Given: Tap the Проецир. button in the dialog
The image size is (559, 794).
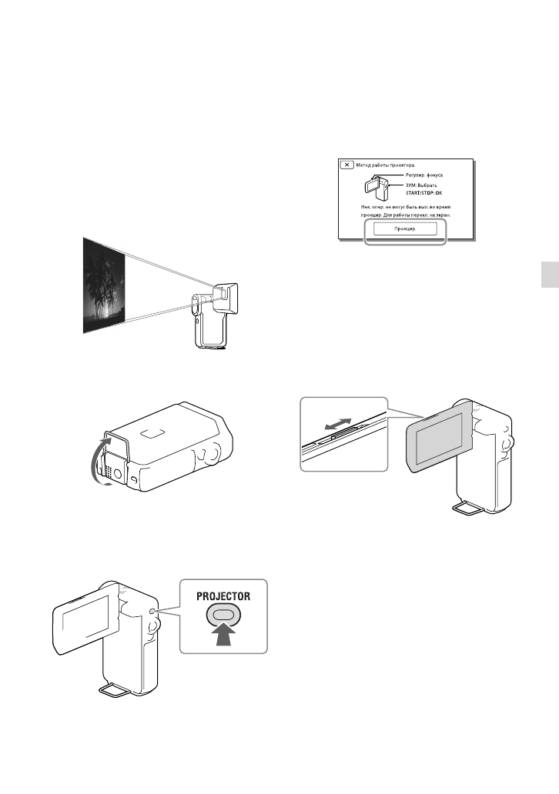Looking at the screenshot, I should [x=404, y=229].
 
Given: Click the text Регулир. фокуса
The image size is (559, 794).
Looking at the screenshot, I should [x=420, y=175].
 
